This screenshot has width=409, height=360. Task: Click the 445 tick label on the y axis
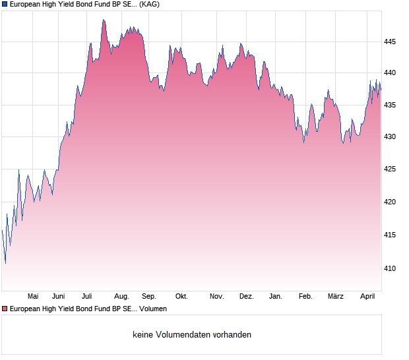[x=390, y=42]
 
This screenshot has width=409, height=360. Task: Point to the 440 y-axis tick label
[x=390, y=73]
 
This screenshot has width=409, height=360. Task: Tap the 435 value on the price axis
[x=390, y=105]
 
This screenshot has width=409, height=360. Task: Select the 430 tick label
[x=390, y=137]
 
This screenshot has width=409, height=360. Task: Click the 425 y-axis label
[x=390, y=169]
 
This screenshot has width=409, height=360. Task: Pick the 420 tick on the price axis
[x=390, y=202]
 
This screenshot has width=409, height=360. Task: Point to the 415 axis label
[x=390, y=235]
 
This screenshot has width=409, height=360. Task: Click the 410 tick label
[x=390, y=268]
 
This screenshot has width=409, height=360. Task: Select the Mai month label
[x=33, y=296]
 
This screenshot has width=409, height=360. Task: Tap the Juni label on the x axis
[x=59, y=296]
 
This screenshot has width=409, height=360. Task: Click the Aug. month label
[x=121, y=296]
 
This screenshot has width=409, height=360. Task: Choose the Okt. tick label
[x=181, y=296]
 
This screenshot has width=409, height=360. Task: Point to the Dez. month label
[x=246, y=296]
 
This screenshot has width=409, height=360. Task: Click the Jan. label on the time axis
[x=276, y=296]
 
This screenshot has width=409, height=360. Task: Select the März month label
[x=336, y=296]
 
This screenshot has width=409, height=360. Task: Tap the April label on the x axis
[x=367, y=296]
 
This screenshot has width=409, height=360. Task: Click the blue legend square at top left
[x=5, y=4]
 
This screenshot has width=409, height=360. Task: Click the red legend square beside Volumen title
[x=5, y=309]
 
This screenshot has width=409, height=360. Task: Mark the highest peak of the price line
[x=104, y=20]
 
